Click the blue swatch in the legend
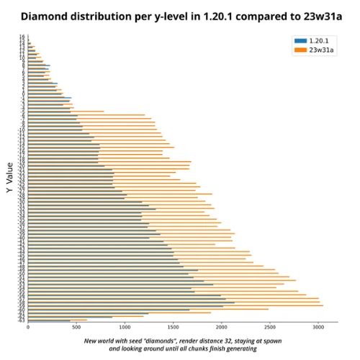300,40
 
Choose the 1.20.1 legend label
319,40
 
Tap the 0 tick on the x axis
28,328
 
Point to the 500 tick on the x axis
76,328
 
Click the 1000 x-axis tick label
125,328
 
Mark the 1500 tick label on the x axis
173,328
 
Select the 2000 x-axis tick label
221,328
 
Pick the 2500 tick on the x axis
269,328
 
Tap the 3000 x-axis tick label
318,328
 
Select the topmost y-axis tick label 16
23,37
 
